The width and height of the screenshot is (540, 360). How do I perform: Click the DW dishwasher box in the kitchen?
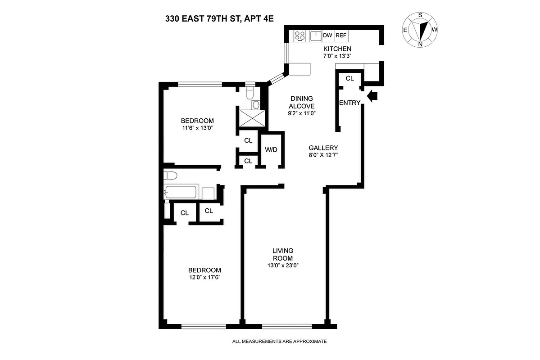pyautogui.click(x=327, y=35)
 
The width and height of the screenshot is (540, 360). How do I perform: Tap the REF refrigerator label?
pyautogui.click(x=341, y=35)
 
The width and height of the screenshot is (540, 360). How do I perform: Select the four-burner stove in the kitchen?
pyautogui.click(x=299, y=35)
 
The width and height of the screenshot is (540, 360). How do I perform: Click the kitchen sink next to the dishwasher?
pyautogui.click(x=315, y=35)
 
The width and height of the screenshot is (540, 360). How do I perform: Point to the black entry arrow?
pyautogui.click(x=372, y=96)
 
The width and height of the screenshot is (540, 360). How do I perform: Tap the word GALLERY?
pyautogui.click(x=323, y=148)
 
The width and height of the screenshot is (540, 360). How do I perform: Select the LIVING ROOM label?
pyautogui.click(x=283, y=254)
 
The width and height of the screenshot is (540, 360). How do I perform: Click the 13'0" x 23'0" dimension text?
pyautogui.click(x=283, y=265)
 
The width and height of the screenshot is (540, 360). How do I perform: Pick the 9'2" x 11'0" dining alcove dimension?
pyautogui.click(x=301, y=113)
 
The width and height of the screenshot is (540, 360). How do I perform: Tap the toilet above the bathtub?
pyautogui.click(x=171, y=175)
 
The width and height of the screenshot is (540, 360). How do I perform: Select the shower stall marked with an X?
pyautogui.click(x=250, y=119)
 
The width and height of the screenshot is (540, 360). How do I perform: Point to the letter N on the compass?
pyautogui.click(x=420, y=44)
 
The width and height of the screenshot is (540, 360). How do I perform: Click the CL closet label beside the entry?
pyautogui.click(x=350, y=78)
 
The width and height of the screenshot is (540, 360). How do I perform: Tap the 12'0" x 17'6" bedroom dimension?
pyautogui.click(x=204, y=277)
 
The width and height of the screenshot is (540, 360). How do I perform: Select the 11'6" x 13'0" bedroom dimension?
pyautogui.click(x=197, y=128)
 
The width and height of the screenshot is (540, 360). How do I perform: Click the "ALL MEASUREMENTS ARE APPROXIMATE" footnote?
pyautogui.click(x=279, y=342)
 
